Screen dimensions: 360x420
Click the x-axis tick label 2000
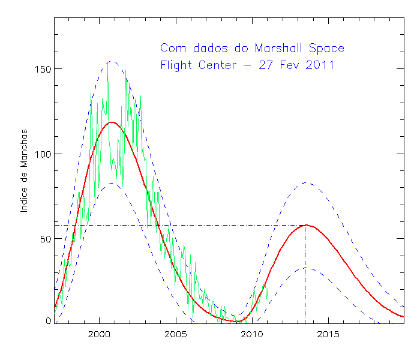pos(98,333)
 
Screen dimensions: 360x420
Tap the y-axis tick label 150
pos(42,69)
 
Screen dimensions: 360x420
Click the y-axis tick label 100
pos(42,154)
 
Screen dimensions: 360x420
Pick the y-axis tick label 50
pos(44,238)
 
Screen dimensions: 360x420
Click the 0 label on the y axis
pos(49,321)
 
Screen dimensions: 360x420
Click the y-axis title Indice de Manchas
pos(25,170)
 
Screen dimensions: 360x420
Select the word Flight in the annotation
pos(176,65)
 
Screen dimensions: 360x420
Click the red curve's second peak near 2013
pos(306,225)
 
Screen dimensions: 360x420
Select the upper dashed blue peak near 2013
pos(305,183)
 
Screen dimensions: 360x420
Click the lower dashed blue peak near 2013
pos(305,268)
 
